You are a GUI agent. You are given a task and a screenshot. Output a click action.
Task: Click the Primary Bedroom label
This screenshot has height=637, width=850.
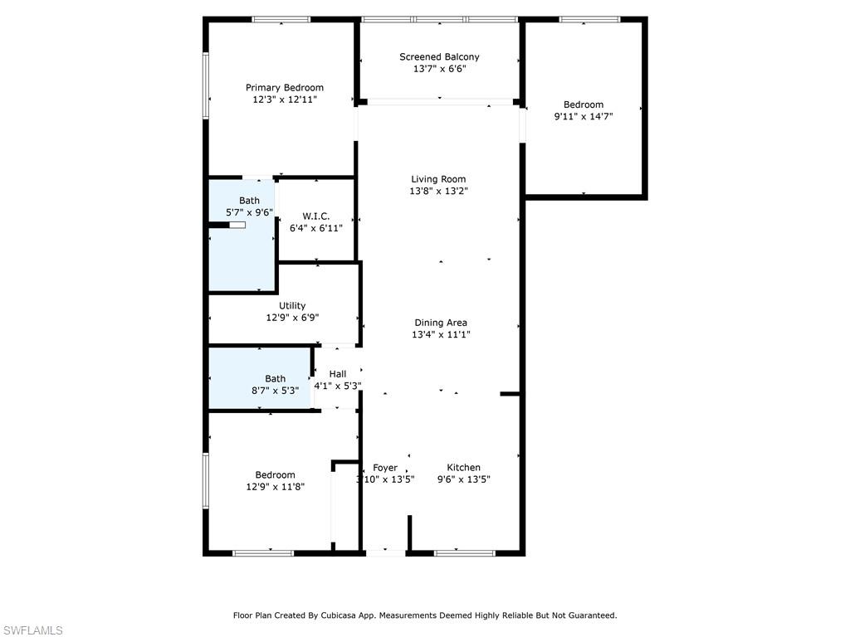(x=285, y=87)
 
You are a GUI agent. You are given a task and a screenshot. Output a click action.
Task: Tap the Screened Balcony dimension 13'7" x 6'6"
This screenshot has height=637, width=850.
(x=439, y=69)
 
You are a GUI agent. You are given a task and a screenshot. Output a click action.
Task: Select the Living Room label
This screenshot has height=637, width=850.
(x=438, y=179)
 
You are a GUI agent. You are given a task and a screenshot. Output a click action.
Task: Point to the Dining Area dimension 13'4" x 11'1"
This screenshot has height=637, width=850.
(x=439, y=334)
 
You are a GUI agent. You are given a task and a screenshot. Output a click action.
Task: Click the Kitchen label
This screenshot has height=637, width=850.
(x=463, y=467)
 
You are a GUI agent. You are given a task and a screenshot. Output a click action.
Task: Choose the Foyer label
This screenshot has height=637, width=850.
(x=385, y=468)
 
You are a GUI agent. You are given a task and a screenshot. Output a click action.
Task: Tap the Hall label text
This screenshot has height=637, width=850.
(x=337, y=374)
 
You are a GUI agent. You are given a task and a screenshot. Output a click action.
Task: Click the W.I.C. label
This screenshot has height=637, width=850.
(x=315, y=216)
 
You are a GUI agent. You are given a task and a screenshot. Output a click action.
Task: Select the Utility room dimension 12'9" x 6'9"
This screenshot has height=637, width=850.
(x=292, y=317)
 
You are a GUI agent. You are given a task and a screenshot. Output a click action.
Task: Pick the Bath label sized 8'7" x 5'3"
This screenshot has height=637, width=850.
(x=275, y=378)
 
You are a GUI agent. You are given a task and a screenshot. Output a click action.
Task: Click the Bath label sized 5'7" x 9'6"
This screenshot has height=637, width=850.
(x=249, y=201)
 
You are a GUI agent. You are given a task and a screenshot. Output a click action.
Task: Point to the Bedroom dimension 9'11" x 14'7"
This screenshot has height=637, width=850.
(x=584, y=116)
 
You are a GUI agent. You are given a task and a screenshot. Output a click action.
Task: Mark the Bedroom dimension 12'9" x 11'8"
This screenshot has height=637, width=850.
(x=275, y=487)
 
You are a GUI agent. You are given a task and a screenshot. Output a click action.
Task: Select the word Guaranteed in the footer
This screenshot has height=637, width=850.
(x=589, y=615)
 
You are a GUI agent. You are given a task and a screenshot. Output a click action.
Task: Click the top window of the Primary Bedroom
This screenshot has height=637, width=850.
(x=281, y=19)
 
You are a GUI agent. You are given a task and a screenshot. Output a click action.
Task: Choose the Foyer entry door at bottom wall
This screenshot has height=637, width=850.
(x=385, y=552)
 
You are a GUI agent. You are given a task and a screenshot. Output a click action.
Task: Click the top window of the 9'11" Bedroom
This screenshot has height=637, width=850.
(x=589, y=19)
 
